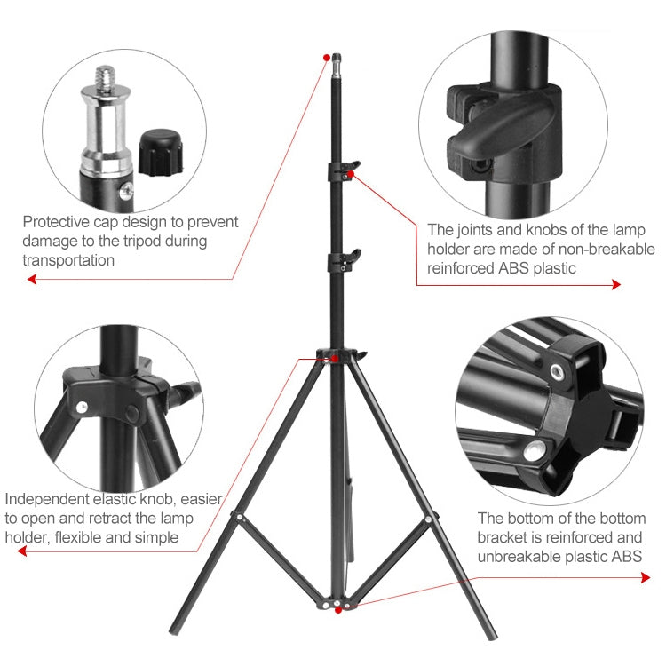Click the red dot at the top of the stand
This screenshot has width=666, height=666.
pyautogui.click(x=328, y=56)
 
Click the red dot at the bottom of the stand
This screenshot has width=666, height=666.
pyautogui.click(x=337, y=610)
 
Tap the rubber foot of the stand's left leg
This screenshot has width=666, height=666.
pyautogui.click(x=174, y=634)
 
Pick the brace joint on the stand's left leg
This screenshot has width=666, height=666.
pyautogui.click(x=237, y=515)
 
